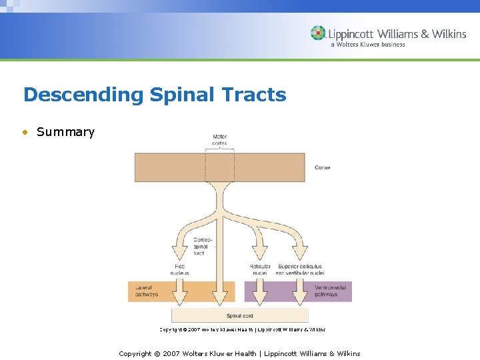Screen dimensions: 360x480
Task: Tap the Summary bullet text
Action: (x=65, y=132)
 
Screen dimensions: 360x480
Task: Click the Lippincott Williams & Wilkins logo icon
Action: (x=318, y=33)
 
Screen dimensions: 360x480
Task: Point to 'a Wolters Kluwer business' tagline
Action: (x=367, y=45)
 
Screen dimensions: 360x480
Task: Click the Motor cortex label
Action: (x=219, y=140)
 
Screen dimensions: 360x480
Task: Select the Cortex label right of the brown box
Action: (x=322, y=167)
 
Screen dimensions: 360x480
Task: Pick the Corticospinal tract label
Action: (x=201, y=247)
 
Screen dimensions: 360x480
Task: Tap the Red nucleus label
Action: (x=179, y=269)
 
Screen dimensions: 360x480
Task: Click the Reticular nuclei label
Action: (x=259, y=269)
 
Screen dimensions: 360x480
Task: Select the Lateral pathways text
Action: (x=147, y=291)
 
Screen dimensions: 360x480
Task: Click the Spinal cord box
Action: (x=239, y=315)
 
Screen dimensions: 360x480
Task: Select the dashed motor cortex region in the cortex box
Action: (x=219, y=167)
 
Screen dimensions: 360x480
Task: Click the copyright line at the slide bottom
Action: (x=239, y=353)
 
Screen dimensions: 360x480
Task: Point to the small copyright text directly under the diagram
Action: (x=242, y=329)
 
